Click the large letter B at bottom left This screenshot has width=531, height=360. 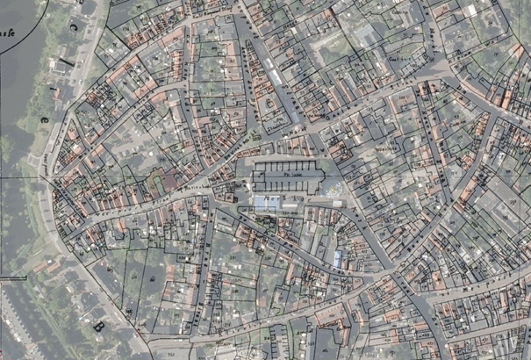pyautogui.click(x=97, y=327)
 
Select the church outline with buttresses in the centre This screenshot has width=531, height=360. pyautogui.click(x=290, y=178)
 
